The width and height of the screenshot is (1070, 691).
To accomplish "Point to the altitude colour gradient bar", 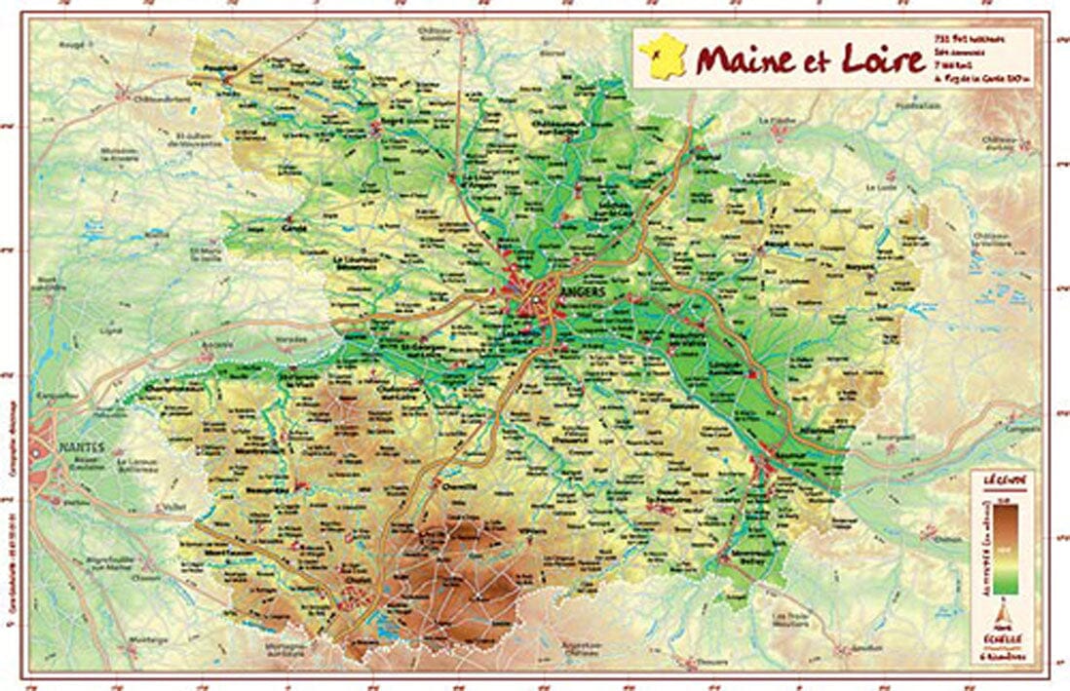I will (1003, 546).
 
